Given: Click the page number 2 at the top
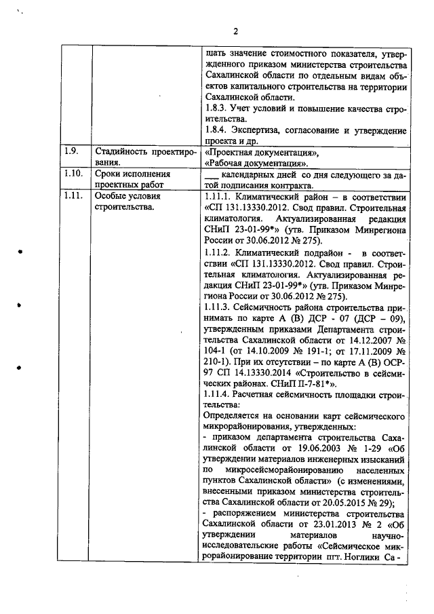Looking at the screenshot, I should [x=236, y=31].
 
